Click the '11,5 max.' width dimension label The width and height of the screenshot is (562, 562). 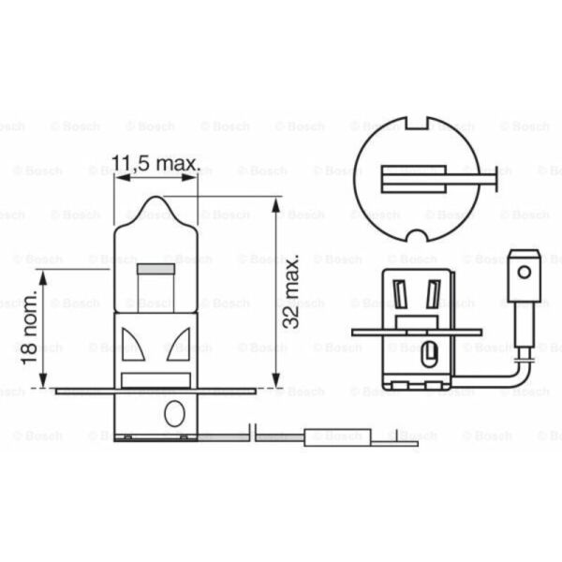click(x=155, y=166)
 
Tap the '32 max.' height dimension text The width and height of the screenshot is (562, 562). click(x=291, y=289)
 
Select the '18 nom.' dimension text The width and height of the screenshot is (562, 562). click(x=31, y=327)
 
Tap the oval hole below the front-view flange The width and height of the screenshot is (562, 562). click(x=171, y=412)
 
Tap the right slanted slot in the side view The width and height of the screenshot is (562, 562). click(x=433, y=295)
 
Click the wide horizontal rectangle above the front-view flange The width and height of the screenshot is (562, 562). click(x=155, y=379)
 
